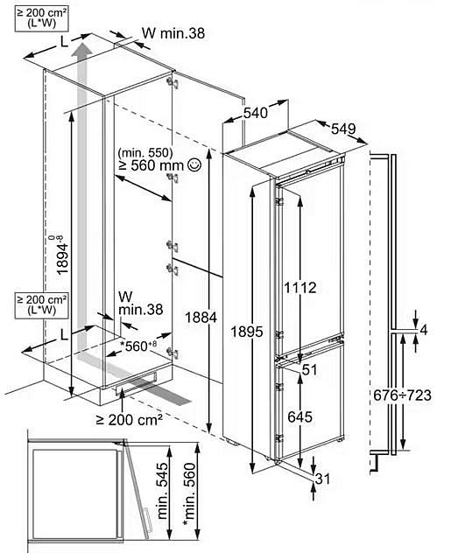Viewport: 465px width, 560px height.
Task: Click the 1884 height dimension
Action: [201, 318]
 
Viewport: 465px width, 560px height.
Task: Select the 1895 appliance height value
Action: [247, 332]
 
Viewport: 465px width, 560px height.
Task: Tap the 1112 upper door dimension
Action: [300, 288]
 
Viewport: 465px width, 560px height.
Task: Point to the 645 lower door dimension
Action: [299, 416]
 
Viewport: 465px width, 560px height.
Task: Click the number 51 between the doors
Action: [309, 369]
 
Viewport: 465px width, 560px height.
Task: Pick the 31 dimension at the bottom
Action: [322, 479]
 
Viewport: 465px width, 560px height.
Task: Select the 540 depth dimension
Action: [255, 113]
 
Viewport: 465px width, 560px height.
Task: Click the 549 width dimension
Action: [343, 129]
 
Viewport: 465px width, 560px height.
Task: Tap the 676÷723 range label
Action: [402, 395]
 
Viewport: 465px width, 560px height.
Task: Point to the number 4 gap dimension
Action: [424, 331]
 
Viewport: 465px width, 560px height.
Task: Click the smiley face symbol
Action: [194, 164]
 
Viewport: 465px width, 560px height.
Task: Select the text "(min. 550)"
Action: [145, 153]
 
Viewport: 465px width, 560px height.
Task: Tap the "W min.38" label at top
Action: [173, 33]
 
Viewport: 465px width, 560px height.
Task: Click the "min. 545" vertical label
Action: [162, 491]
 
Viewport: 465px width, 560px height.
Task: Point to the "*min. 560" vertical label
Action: [189, 495]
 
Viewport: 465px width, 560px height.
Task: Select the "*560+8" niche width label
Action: [138, 346]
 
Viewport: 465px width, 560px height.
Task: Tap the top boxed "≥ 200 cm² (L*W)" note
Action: [42, 18]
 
